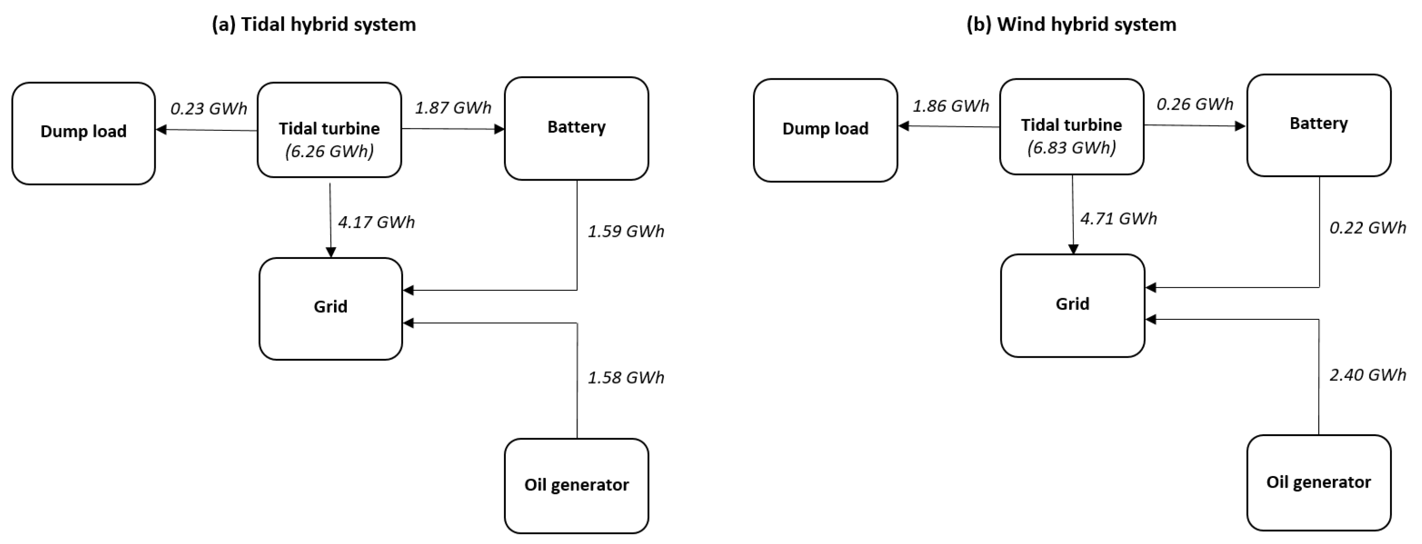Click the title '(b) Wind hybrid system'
click(x=1071, y=25)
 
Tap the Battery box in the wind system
click(x=1318, y=125)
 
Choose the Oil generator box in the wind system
click(x=1318, y=483)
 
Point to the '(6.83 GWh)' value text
click(x=1072, y=148)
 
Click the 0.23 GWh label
click(x=209, y=109)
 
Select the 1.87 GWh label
click(x=453, y=107)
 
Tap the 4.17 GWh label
click(x=376, y=222)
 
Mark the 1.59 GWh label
click(x=625, y=231)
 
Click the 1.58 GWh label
click(x=625, y=378)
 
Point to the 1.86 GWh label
click(x=950, y=106)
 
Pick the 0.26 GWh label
click(x=1194, y=104)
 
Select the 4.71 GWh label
click(x=1118, y=219)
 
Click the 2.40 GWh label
click(x=1367, y=375)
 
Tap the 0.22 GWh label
click(x=1367, y=228)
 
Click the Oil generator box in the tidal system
click(x=576, y=485)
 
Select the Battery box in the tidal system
click(x=576, y=128)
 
